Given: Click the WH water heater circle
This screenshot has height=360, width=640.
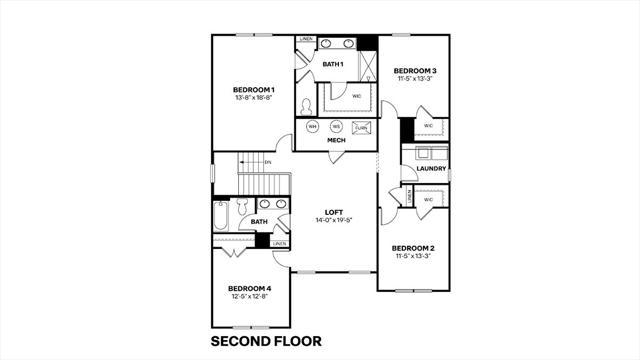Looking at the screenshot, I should [312, 127].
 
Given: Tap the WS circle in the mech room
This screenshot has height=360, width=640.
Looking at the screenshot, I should [336, 127].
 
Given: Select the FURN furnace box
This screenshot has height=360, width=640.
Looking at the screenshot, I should [362, 128].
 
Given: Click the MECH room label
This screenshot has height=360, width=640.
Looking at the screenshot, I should [336, 141].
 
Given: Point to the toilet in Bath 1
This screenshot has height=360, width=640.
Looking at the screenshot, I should [306, 107].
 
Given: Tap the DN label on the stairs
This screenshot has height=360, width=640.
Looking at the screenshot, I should [268, 162].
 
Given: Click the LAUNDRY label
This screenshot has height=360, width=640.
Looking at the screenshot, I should [432, 169].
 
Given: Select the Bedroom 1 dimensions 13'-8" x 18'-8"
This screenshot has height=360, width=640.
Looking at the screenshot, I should [254, 98].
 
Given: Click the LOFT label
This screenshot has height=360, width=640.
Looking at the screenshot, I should [334, 212].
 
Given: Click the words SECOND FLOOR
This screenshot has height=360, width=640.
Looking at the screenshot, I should [266, 341].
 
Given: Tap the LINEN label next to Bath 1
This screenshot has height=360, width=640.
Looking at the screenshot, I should [306, 39].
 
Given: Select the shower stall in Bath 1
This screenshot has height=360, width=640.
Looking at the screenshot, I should [367, 66].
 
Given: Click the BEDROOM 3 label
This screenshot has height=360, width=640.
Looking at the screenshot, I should [415, 70].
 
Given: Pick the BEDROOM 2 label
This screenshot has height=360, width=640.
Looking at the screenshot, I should [413, 248].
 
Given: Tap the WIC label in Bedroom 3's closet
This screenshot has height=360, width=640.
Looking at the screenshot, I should [428, 126].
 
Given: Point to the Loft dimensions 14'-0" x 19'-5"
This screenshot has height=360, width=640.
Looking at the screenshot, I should [334, 220].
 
